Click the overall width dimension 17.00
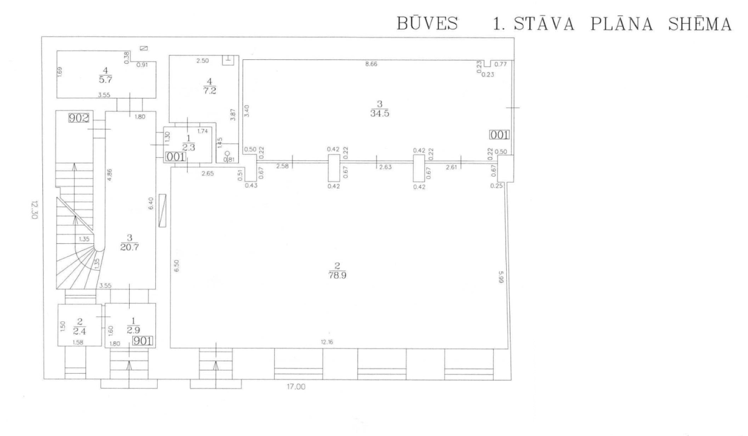coord(295,387)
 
